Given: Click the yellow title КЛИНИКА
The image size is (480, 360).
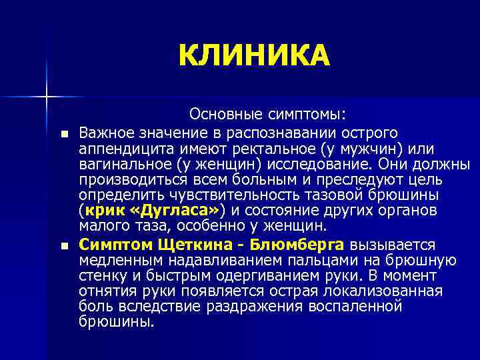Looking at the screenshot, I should [254, 56].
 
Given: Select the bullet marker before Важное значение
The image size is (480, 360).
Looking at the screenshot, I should [63, 133].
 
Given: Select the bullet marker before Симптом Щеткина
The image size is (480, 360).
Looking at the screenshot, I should [63, 246].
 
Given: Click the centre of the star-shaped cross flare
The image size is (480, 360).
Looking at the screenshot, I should [47, 96].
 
